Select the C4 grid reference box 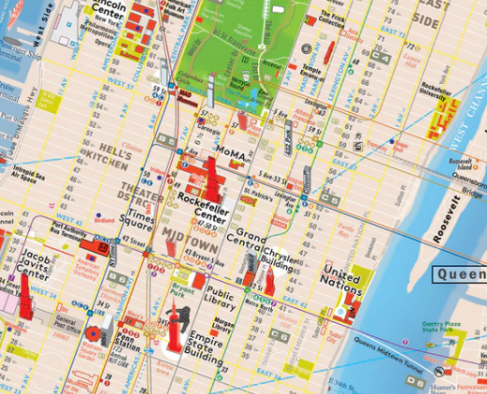(x=165, y=139)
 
